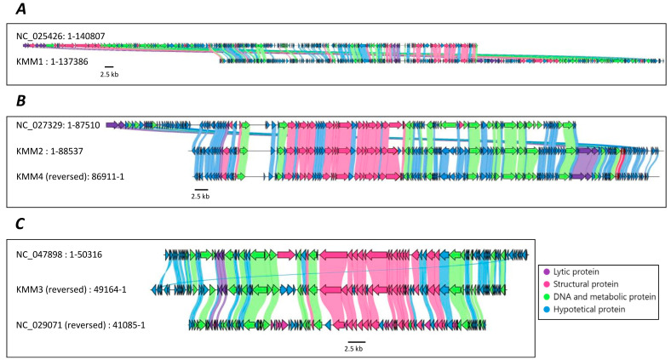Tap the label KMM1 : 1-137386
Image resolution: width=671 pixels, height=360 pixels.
(x=53, y=61)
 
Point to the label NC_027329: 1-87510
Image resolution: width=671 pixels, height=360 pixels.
(x=58, y=125)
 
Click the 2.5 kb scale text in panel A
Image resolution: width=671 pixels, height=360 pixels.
(x=109, y=75)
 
